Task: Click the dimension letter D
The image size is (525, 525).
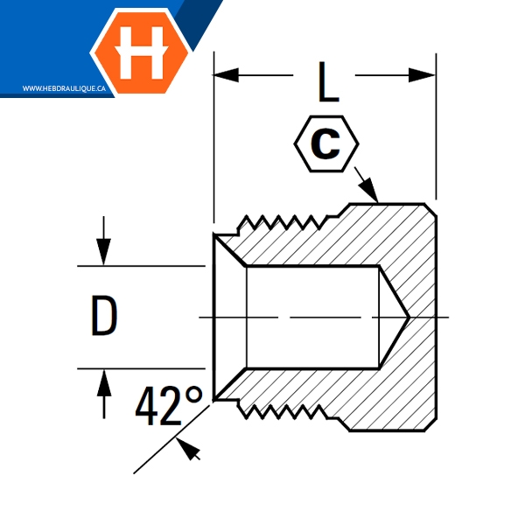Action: point(104,316)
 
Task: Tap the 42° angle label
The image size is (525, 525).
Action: point(169,408)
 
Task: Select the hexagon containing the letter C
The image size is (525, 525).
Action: point(325,145)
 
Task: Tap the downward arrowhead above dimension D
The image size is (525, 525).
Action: point(104,254)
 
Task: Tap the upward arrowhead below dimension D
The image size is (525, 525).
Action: point(104,380)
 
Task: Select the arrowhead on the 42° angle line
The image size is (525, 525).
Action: point(190,449)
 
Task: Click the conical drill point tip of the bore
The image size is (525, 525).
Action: point(406,316)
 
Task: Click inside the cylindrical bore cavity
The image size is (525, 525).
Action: point(311,316)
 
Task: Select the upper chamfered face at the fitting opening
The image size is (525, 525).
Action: point(231,249)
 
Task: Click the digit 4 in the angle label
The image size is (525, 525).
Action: point(150,408)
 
